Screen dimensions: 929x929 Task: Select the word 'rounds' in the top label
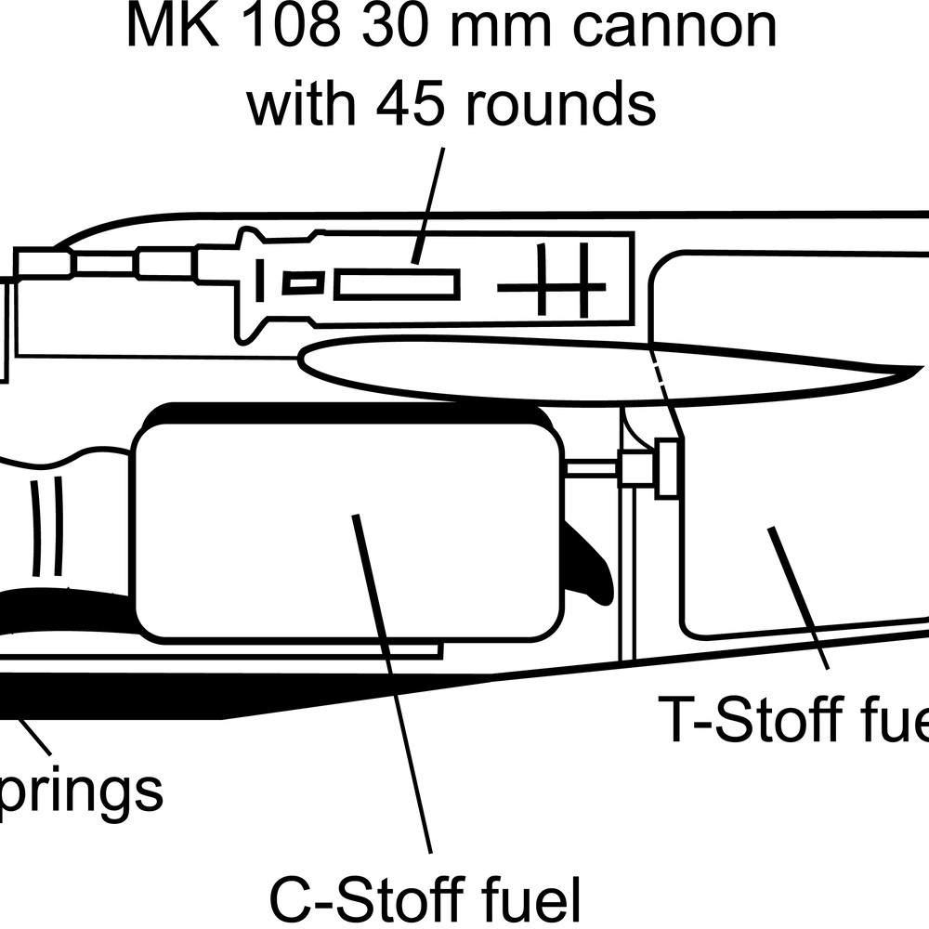tap(561, 103)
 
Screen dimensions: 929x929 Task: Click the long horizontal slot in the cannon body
tap(397, 284)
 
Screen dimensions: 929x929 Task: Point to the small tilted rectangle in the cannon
tap(303, 282)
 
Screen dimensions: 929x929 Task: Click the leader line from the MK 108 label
tap(429, 204)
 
